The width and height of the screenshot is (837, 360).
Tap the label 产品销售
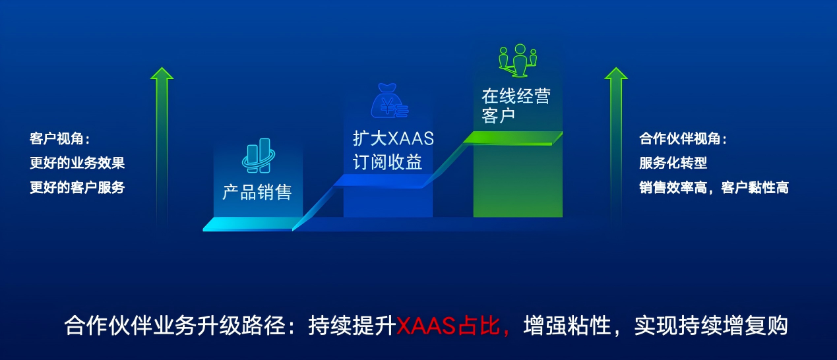tap(257, 193)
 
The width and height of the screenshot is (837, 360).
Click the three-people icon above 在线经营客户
tap(518, 59)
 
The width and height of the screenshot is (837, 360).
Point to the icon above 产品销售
tap(257, 156)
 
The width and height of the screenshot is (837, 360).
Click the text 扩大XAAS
tap(393, 139)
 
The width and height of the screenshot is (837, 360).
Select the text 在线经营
tap(516, 96)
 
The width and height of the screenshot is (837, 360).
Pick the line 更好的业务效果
tap(77, 163)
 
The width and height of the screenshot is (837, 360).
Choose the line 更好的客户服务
tap(77, 187)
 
